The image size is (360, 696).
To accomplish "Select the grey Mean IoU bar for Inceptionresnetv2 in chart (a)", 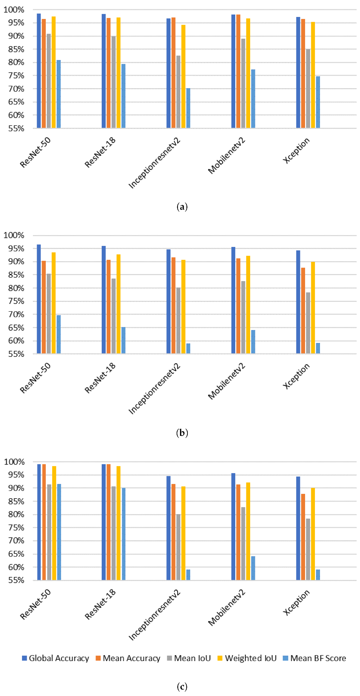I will pos(178,92).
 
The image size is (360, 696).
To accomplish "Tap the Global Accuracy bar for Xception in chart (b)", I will pos(298,302).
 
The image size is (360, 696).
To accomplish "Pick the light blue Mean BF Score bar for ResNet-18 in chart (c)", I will pos(123,534).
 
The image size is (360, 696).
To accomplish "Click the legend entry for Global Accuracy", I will pos(56,658).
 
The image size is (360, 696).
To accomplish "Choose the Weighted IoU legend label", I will pos(247,658).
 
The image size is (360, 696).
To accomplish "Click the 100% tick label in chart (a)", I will pos(14,10).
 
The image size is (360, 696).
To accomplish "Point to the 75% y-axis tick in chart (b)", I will pos(16,301).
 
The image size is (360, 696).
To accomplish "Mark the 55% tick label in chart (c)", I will pos(16,580).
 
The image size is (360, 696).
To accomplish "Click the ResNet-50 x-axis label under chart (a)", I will pos(35,152).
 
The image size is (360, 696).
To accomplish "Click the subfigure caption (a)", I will pos(182,207).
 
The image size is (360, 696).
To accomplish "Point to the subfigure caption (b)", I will pos(182,433).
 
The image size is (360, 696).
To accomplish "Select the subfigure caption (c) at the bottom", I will pos(182,687).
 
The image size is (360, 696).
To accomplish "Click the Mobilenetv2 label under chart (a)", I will pos(226,156).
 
